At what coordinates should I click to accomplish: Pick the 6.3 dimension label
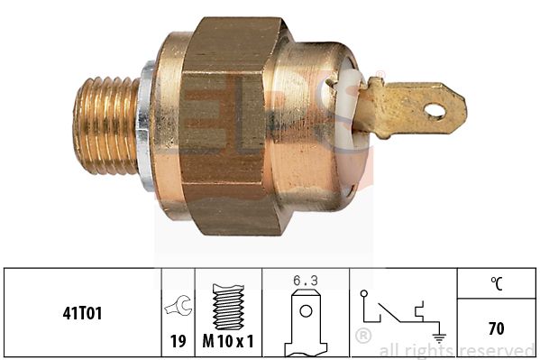(x=306, y=281)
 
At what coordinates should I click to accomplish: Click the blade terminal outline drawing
(x=306, y=323)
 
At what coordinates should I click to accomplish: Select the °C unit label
(x=496, y=282)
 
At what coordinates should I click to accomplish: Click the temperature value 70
(x=496, y=328)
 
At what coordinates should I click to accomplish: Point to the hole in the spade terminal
(x=435, y=112)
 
